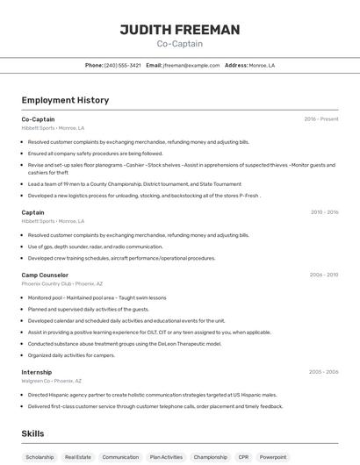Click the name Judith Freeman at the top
179,30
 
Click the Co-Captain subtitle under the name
179,44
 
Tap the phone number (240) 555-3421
123,66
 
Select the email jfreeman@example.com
191,66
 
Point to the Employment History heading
65,100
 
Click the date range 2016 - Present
321,119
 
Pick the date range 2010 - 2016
324,212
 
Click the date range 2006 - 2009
324,275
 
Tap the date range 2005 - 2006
324,372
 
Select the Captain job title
32,212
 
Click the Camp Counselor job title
45,275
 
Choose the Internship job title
37,372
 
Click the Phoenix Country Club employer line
61,284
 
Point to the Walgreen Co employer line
52,381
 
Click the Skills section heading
32,433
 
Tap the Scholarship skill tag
40,457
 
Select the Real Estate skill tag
78,457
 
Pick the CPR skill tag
243,457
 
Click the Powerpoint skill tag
273,457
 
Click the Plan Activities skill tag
166,457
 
